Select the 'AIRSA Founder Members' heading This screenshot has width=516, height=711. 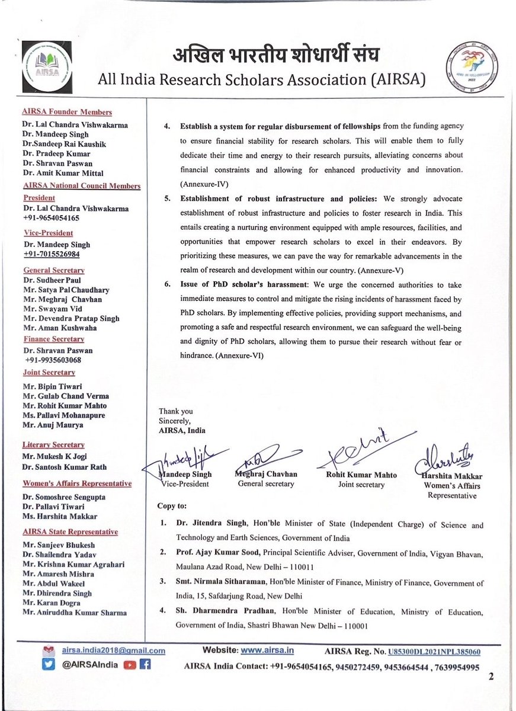click(67, 112)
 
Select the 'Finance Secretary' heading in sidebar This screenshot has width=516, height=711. click(53, 340)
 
